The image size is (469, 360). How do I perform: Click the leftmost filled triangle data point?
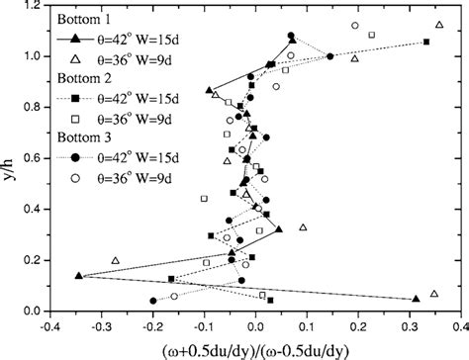[78, 276]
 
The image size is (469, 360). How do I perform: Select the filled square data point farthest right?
[426, 42]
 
